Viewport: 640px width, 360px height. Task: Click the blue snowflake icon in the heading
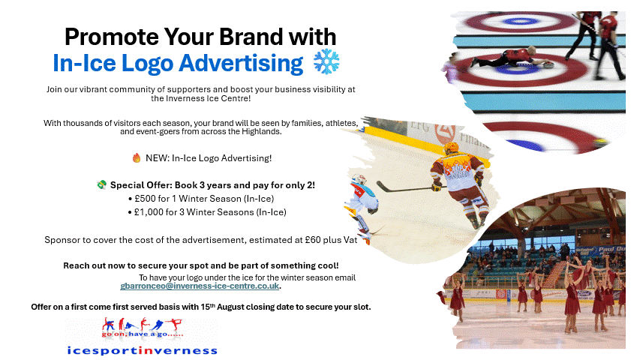click(x=326, y=62)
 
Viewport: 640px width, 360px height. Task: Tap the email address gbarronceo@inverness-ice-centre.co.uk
click(x=200, y=286)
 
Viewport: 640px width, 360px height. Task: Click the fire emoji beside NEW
click(x=137, y=158)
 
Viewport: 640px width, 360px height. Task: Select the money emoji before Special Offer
click(x=101, y=185)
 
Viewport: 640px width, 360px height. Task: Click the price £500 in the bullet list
click(x=145, y=199)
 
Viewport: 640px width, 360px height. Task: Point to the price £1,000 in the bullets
click(x=149, y=212)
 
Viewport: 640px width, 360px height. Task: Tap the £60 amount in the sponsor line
click(x=313, y=240)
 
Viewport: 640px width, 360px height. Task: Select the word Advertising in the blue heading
click(x=241, y=64)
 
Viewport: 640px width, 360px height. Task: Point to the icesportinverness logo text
click(x=142, y=350)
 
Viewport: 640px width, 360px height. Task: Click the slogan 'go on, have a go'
click(x=143, y=334)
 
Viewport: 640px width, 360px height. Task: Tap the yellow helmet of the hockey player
click(x=451, y=148)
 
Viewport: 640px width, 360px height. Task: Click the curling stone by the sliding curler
click(x=548, y=65)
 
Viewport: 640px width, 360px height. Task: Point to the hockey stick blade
click(x=382, y=187)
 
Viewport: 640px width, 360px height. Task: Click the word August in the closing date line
click(x=230, y=307)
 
